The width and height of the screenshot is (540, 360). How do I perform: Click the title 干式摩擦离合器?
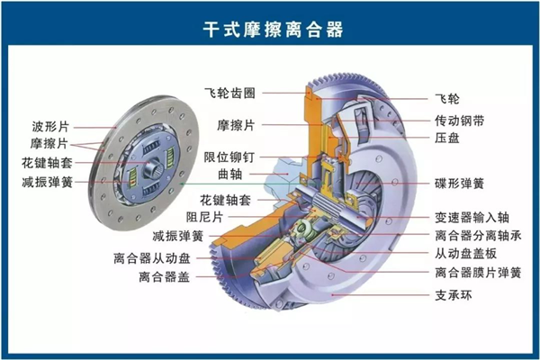click(x=273, y=29)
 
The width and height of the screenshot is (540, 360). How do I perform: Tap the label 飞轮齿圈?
click(x=229, y=93)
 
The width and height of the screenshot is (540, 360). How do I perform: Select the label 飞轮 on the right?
click(x=447, y=99)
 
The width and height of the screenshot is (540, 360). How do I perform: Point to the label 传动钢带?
click(x=459, y=121)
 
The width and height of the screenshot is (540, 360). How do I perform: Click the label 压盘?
click(x=447, y=138)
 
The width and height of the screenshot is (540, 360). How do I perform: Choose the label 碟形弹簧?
click(x=459, y=184)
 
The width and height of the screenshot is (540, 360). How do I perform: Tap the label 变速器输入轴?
click(x=472, y=218)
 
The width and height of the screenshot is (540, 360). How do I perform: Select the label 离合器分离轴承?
click(x=478, y=236)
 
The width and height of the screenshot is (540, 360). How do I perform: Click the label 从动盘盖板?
click(x=465, y=254)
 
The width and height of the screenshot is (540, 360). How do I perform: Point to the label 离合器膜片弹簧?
click(x=478, y=273)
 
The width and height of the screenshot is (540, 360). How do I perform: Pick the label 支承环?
click(x=454, y=295)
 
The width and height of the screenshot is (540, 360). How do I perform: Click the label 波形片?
click(x=50, y=126)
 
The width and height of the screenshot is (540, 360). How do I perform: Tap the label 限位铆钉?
click(x=229, y=157)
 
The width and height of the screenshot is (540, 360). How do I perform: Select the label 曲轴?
click(x=229, y=175)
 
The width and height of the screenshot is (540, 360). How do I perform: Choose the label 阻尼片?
click(x=204, y=217)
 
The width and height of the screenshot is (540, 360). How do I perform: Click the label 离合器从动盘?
click(x=152, y=258)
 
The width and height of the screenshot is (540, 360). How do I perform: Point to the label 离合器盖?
click(x=165, y=276)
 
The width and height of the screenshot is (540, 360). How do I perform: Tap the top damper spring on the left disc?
click(x=151, y=148)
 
